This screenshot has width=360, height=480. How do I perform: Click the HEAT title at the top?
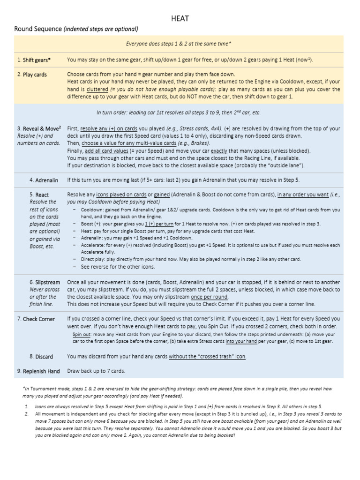(180, 18)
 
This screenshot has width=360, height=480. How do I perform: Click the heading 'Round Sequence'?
(38, 29)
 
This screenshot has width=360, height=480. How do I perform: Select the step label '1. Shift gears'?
(34, 60)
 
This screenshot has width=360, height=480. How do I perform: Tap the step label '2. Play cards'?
(32, 75)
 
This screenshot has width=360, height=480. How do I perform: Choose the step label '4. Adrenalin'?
(43, 180)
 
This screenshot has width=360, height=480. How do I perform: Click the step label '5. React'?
(39, 195)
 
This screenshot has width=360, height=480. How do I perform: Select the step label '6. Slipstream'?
(45, 283)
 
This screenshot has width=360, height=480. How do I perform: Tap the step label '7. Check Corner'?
(36, 319)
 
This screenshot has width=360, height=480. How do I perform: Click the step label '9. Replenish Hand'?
(38, 371)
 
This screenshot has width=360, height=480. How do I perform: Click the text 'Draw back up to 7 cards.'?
(96, 371)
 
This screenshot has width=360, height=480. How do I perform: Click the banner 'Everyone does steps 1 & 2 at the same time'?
(179, 44)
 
